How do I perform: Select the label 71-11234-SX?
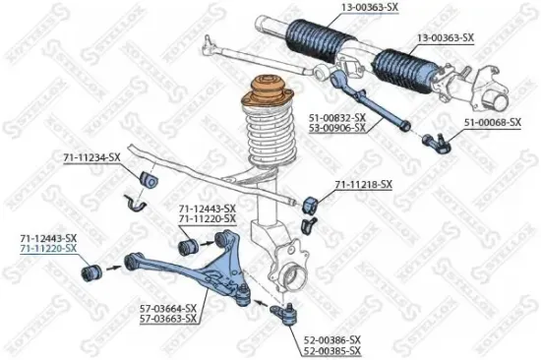[91, 156]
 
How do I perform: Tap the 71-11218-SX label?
[364, 184]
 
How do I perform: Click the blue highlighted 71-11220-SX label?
[48, 249]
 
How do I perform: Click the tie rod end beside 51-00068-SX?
[434, 143]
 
